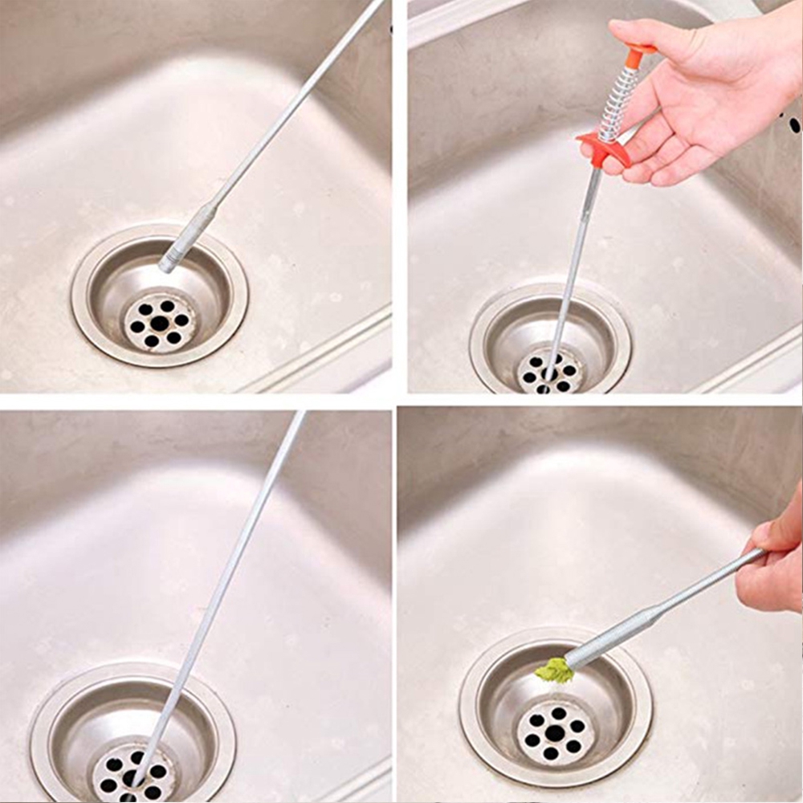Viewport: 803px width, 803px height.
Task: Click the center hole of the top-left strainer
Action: [160, 323]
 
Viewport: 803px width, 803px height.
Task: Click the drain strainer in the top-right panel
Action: [550, 372]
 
